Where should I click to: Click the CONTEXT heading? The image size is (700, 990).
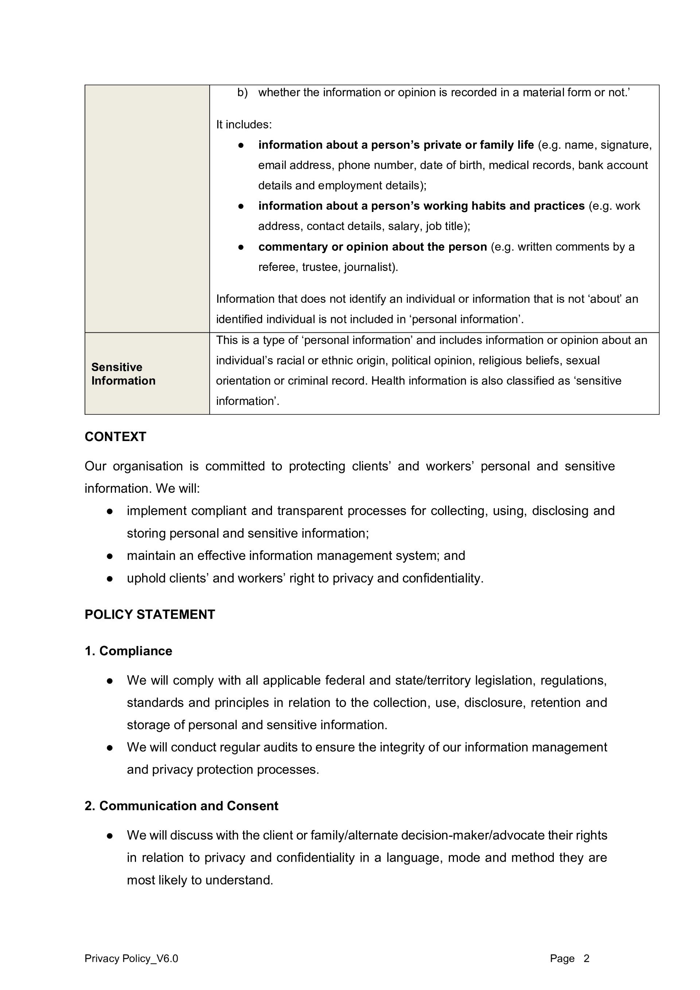click(115, 437)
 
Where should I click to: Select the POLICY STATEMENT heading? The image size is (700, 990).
click(149, 614)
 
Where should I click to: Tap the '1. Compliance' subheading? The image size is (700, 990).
click(128, 651)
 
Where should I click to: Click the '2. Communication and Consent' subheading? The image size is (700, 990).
click(182, 806)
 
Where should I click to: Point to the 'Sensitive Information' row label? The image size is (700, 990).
click(123, 374)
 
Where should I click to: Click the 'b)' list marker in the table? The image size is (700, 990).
click(242, 93)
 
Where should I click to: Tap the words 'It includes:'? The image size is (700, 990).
click(244, 125)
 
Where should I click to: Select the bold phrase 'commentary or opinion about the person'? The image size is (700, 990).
click(372, 247)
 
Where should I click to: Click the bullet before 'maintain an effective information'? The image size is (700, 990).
click(110, 556)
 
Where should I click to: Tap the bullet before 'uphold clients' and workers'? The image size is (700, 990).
click(110, 579)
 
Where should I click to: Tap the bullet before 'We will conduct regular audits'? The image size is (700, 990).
click(110, 748)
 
